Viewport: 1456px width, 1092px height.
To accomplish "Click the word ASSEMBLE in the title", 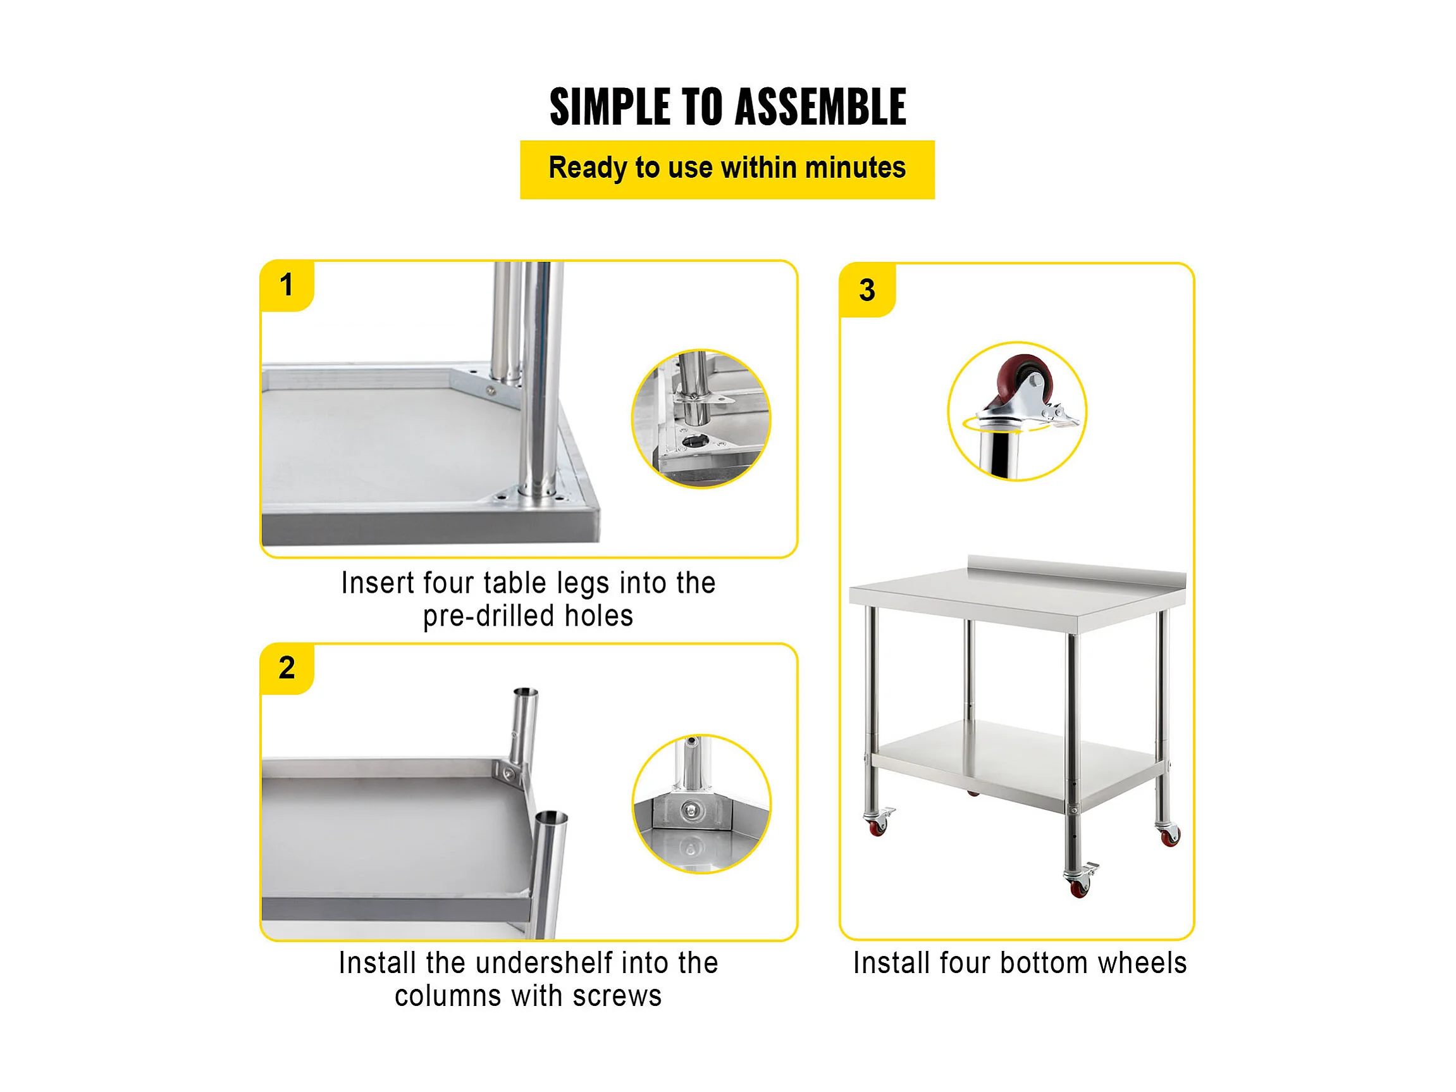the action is point(820,107).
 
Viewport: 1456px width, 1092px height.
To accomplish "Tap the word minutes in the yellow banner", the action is point(855,168).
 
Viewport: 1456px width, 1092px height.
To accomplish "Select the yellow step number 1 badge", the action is point(287,286).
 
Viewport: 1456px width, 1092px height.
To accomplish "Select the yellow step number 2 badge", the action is point(287,669).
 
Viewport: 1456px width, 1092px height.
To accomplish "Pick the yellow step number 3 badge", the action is point(868,290).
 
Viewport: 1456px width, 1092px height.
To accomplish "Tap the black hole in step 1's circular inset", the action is point(695,440).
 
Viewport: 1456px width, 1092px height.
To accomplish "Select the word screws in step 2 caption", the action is point(617,996).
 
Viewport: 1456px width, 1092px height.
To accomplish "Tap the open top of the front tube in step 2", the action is point(552,819).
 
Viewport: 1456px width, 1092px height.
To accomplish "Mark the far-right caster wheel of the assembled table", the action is point(1169,835).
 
